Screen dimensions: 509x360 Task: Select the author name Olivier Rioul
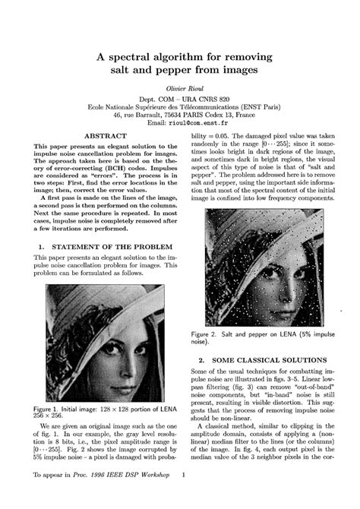point(180,89)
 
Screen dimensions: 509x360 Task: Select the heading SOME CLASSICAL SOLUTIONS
point(264,359)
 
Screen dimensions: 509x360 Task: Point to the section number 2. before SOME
point(201,359)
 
